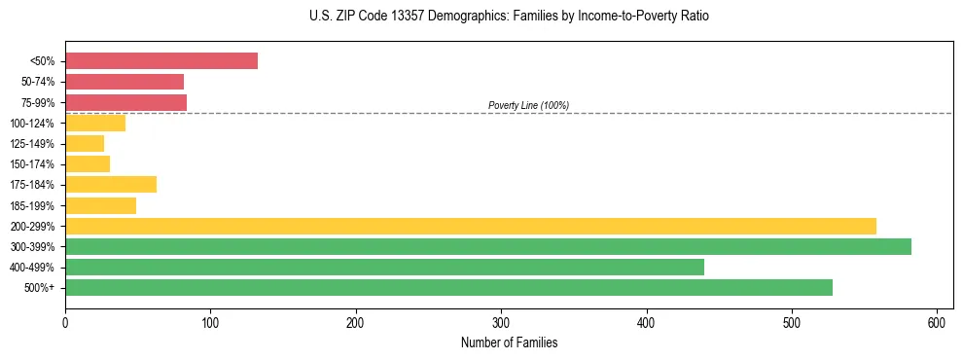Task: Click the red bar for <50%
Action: pos(161,60)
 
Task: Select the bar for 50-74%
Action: pos(125,82)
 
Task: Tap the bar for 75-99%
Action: pos(125,102)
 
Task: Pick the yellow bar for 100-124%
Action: pos(95,123)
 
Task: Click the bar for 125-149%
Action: pos(85,143)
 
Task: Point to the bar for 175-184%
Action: pos(111,184)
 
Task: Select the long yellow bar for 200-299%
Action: pos(471,226)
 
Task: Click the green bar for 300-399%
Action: pos(488,246)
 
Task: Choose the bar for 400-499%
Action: pos(384,267)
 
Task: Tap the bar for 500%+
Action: pos(448,287)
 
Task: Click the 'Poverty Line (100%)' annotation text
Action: pos(528,105)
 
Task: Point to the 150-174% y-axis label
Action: pos(32,164)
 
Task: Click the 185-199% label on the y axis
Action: pos(32,205)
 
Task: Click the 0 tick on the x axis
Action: pos(65,322)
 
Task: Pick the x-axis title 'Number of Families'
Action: pos(509,342)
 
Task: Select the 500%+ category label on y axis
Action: pos(38,288)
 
